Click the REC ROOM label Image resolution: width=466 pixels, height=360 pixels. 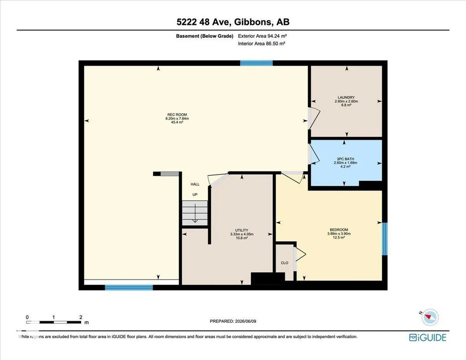(x=177, y=115)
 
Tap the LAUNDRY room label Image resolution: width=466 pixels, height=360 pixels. (x=346, y=97)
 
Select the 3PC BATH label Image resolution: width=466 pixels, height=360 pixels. (x=346, y=159)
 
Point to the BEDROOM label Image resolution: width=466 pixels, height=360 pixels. (x=339, y=230)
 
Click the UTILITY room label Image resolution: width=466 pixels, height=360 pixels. (x=241, y=230)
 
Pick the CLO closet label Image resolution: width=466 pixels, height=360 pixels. (x=285, y=263)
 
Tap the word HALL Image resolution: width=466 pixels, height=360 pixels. (x=195, y=184)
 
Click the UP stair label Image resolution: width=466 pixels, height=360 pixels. (x=195, y=195)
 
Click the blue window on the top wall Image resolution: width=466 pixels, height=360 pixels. (x=256, y=63)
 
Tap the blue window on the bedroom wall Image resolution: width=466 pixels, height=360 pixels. (x=385, y=239)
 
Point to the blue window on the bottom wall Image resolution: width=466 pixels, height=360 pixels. (x=129, y=288)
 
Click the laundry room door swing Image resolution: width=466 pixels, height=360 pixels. (x=314, y=119)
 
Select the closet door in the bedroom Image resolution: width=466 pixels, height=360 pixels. (x=300, y=255)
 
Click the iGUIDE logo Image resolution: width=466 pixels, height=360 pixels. (x=428, y=338)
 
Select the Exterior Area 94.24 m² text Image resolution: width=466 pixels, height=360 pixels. (x=262, y=36)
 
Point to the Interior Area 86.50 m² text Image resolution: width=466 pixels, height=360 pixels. (x=261, y=44)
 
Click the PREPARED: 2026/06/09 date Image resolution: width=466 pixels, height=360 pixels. (x=233, y=321)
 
